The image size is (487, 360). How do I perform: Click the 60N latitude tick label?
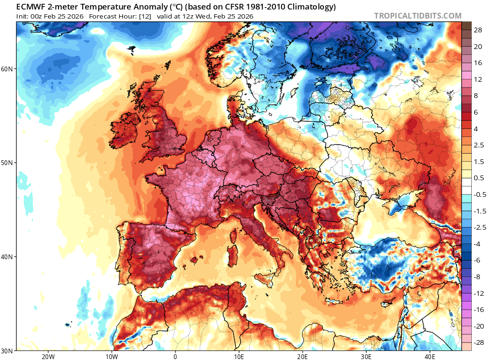pyautogui.click(x=7, y=68)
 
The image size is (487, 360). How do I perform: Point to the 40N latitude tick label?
pyautogui.click(x=7, y=257)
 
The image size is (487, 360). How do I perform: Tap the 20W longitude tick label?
pyautogui.click(x=48, y=356)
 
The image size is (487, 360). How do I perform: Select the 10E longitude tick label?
pyautogui.click(x=239, y=356)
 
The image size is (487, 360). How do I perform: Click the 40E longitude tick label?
pyautogui.click(x=429, y=356)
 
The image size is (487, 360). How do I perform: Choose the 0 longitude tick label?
pyautogui.click(x=175, y=356)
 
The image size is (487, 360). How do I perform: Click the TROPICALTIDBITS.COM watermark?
pyautogui.click(x=418, y=16)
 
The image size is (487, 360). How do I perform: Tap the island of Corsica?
pyautogui.click(x=234, y=236)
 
